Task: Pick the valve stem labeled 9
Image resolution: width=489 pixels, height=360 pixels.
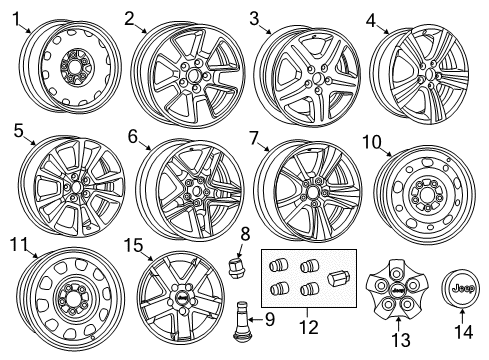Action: coord(243,320)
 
